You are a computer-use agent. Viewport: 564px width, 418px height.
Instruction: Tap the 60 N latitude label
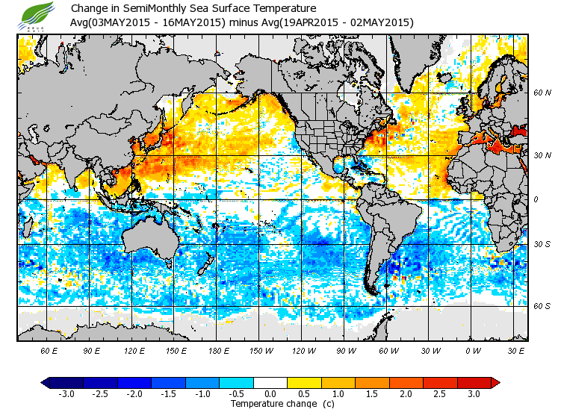[x=542, y=93]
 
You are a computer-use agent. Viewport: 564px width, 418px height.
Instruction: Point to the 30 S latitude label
[x=542, y=244]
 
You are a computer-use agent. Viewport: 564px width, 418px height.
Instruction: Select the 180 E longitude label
[x=219, y=350]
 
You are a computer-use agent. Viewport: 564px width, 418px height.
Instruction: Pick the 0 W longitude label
[x=473, y=350]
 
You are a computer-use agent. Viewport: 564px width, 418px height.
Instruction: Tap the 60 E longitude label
[x=49, y=350]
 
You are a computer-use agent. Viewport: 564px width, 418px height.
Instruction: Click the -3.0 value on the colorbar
[x=67, y=393]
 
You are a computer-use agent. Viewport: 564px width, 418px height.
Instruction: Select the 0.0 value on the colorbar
[x=271, y=393]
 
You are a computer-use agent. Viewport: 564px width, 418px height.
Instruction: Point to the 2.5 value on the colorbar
[x=439, y=393]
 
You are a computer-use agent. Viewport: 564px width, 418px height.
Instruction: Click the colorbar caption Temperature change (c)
[x=271, y=404]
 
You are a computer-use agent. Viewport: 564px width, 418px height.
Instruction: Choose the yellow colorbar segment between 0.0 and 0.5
[x=288, y=383]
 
